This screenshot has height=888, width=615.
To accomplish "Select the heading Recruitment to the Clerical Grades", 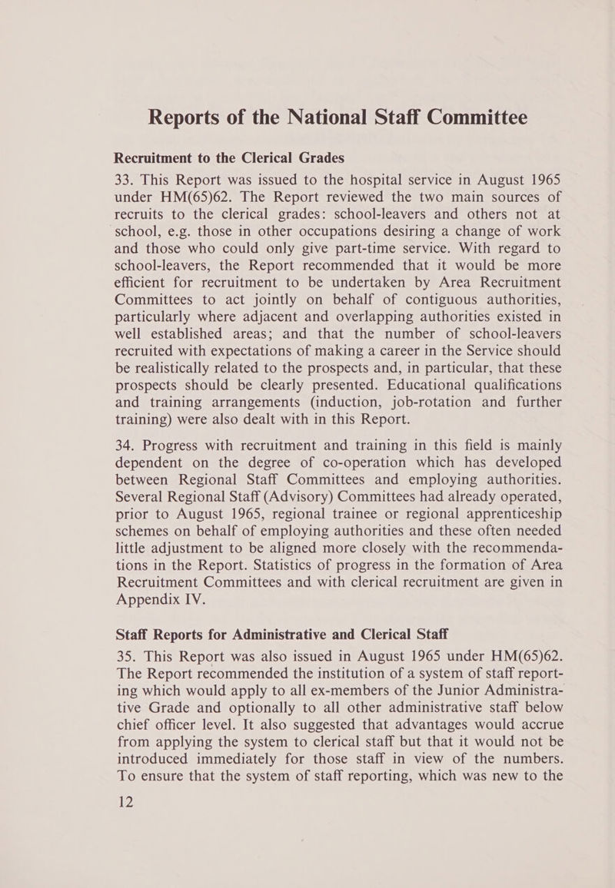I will [x=229, y=158].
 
